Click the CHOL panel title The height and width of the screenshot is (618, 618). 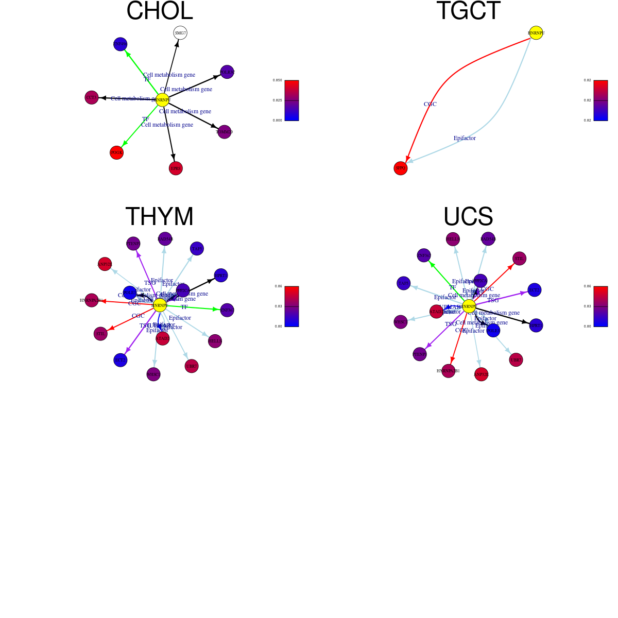coord(159,11)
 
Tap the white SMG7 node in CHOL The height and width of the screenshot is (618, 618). coord(180,33)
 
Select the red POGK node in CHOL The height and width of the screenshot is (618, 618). coord(117,152)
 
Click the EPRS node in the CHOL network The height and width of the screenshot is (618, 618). coord(176,168)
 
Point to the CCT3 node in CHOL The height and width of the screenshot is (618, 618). coord(92,97)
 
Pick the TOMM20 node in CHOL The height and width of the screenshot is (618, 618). coord(225,132)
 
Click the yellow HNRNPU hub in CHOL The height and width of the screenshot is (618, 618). coord(162,100)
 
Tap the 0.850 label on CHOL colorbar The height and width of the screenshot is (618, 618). coord(277,80)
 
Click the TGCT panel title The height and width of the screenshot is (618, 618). coord(468,11)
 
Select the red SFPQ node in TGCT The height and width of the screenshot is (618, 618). coord(401,168)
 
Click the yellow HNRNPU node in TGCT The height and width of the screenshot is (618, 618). coord(536,33)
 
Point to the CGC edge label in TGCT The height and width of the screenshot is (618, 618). coord(430,104)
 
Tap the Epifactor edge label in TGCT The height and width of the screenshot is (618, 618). coord(465,138)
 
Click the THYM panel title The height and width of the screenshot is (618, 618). coord(159,217)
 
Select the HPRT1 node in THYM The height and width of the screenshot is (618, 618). coord(221,276)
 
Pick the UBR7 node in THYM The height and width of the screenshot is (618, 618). coord(192,366)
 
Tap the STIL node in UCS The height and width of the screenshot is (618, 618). coord(520,259)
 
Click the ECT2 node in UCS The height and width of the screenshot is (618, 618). coord(535,290)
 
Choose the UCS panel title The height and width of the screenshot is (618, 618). coord(468,217)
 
